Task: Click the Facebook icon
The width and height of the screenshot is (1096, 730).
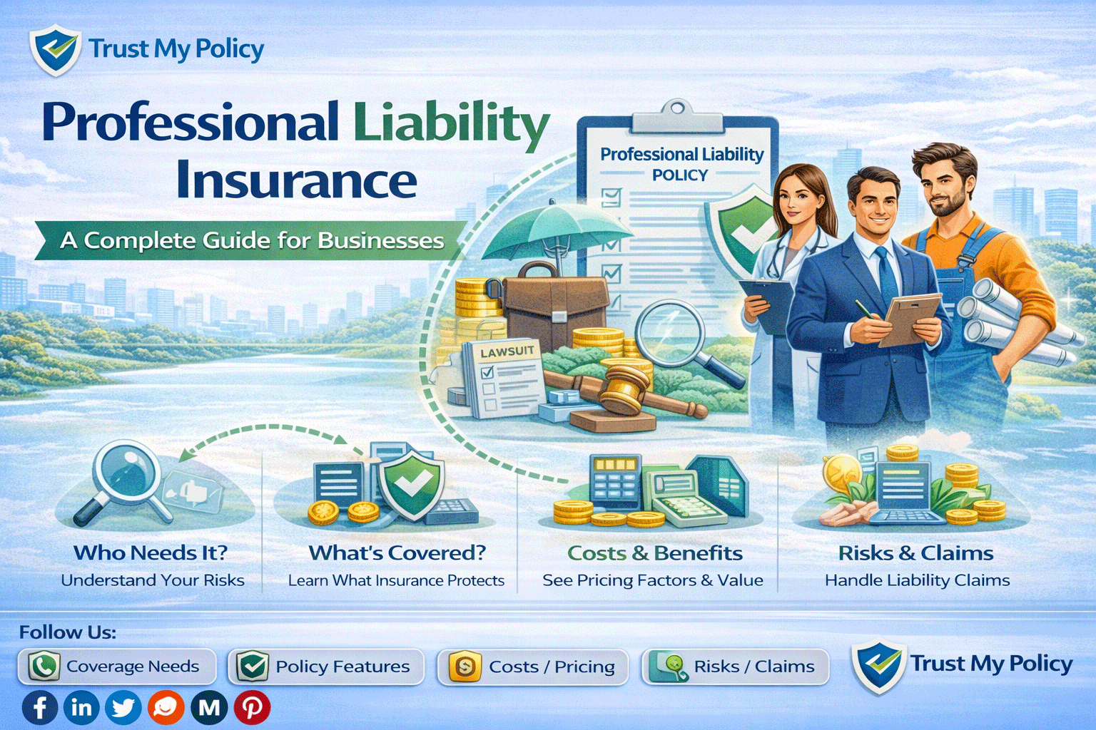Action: click(40, 708)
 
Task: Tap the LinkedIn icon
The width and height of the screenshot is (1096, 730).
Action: click(81, 708)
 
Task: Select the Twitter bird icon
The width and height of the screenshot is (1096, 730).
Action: click(123, 708)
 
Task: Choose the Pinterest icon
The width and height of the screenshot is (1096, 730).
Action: click(252, 708)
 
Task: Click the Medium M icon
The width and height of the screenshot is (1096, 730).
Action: click(209, 708)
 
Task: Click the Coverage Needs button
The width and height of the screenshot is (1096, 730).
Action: click(117, 667)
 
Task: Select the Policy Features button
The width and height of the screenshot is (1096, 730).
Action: click(326, 667)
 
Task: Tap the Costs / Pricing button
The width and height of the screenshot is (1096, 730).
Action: click(533, 667)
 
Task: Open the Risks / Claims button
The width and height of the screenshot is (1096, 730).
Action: click(736, 667)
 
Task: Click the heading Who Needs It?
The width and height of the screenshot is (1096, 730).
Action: click(151, 552)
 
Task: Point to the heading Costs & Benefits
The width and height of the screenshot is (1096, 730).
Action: click(654, 553)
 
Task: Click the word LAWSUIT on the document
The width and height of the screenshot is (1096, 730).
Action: click(507, 351)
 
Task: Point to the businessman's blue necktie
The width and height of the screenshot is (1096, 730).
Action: click(887, 274)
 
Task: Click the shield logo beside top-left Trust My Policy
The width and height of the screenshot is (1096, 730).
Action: click(54, 50)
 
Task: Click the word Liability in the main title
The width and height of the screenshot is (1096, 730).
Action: click(451, 123)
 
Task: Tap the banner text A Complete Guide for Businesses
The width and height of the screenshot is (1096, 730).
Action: click(252, 240)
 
